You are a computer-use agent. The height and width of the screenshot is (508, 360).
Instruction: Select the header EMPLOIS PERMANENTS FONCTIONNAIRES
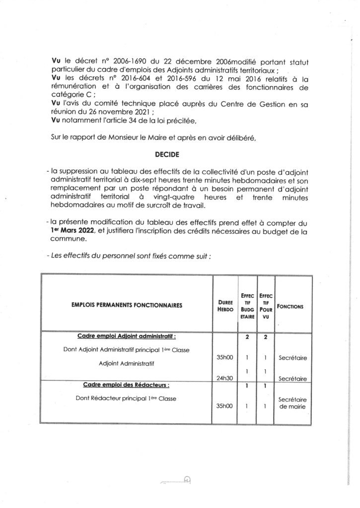126,306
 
